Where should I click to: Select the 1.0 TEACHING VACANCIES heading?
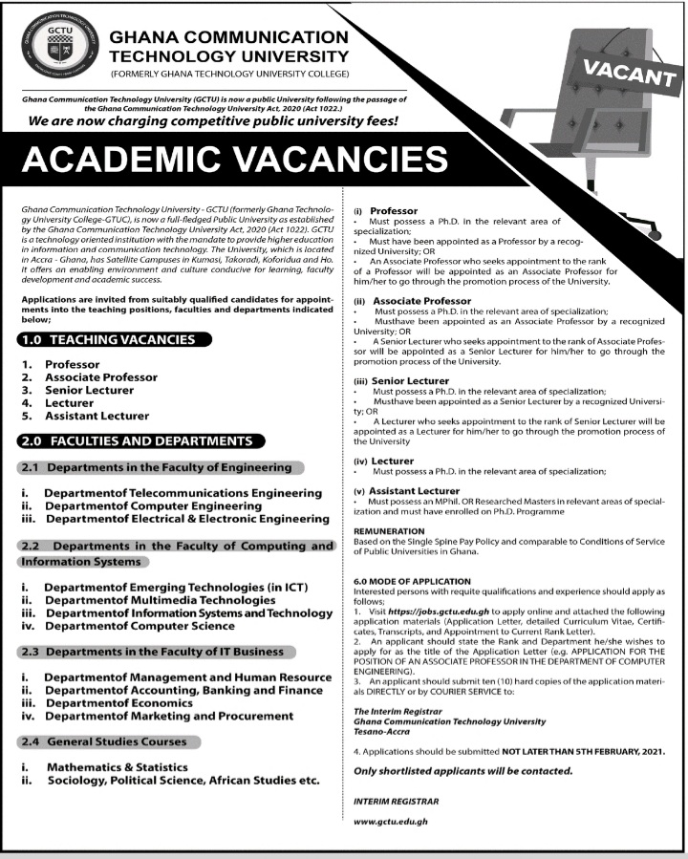point(112,339)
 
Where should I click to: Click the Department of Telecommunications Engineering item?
point(183,492)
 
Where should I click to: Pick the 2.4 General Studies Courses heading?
point(110,741)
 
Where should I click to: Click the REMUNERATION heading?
point(389,529)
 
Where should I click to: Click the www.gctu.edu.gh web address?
point(389,821)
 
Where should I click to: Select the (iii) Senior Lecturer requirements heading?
point(398,381)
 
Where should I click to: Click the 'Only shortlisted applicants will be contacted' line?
point(462,771)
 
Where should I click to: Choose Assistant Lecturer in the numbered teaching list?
point(97,416)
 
